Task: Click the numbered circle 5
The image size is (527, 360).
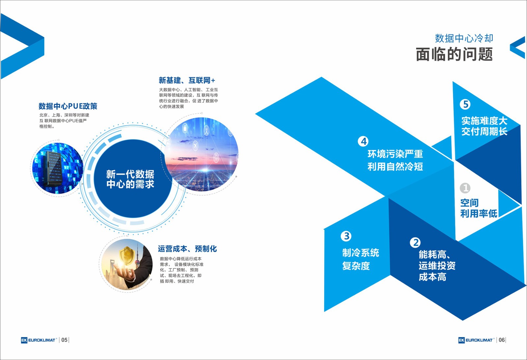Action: (x=465, y=104)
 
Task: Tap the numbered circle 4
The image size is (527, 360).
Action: (x=363, y=141)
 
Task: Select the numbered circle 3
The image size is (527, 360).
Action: (x=346, y=236)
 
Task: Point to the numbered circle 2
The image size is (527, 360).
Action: (x=415, y=243)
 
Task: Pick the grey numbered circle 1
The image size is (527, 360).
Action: (x=465, y=188)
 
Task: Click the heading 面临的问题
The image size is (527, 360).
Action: (x=454, y=54)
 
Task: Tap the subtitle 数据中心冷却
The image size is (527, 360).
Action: (x=464, y=38)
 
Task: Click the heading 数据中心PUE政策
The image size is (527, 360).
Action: (x=68, y=106)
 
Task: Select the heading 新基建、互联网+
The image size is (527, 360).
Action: (x=187, y=80)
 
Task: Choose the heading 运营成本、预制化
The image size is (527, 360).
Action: (x=187, y=249)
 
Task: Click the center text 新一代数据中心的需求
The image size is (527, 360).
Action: (x=130, y=179)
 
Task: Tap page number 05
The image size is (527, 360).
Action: (x=64, y=340)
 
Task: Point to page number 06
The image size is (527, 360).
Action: (x=501, y=340)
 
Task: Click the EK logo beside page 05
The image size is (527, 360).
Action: (x=24, y=340)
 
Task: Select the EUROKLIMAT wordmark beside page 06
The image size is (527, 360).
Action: (x=479, y=340)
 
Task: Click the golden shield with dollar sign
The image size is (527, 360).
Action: (x=127, y=255)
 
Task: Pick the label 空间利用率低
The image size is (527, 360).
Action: (x=478, y=208)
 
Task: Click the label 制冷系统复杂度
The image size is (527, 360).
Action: (x=360, y=259)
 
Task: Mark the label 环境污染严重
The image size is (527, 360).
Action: (x=395, y=154)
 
